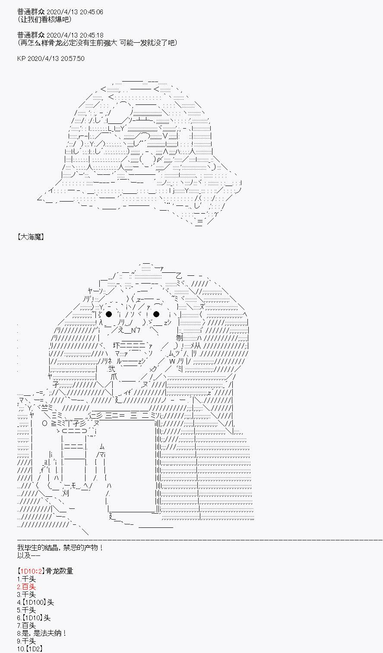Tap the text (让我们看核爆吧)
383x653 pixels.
click(44, 19)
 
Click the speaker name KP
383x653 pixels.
click(21, 59)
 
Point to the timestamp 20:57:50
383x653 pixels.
click(73, 59)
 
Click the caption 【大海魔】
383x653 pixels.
click(31, 237)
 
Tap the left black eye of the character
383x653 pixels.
click(109, 314)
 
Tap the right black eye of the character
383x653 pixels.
click(156, 314)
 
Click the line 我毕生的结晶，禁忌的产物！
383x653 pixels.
click(60, 548)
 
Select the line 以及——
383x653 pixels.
click(28, 555)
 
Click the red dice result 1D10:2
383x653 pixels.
click(32, 571)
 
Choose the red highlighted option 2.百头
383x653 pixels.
click(26, 587)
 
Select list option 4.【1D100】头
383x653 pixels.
click(35, 602)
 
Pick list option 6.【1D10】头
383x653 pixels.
click(34, 618)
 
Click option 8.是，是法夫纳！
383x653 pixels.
click(42, 633)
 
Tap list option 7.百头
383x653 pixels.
click(26, 626)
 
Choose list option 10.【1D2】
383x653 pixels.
click(30, 649)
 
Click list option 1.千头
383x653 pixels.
click(26, 579)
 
